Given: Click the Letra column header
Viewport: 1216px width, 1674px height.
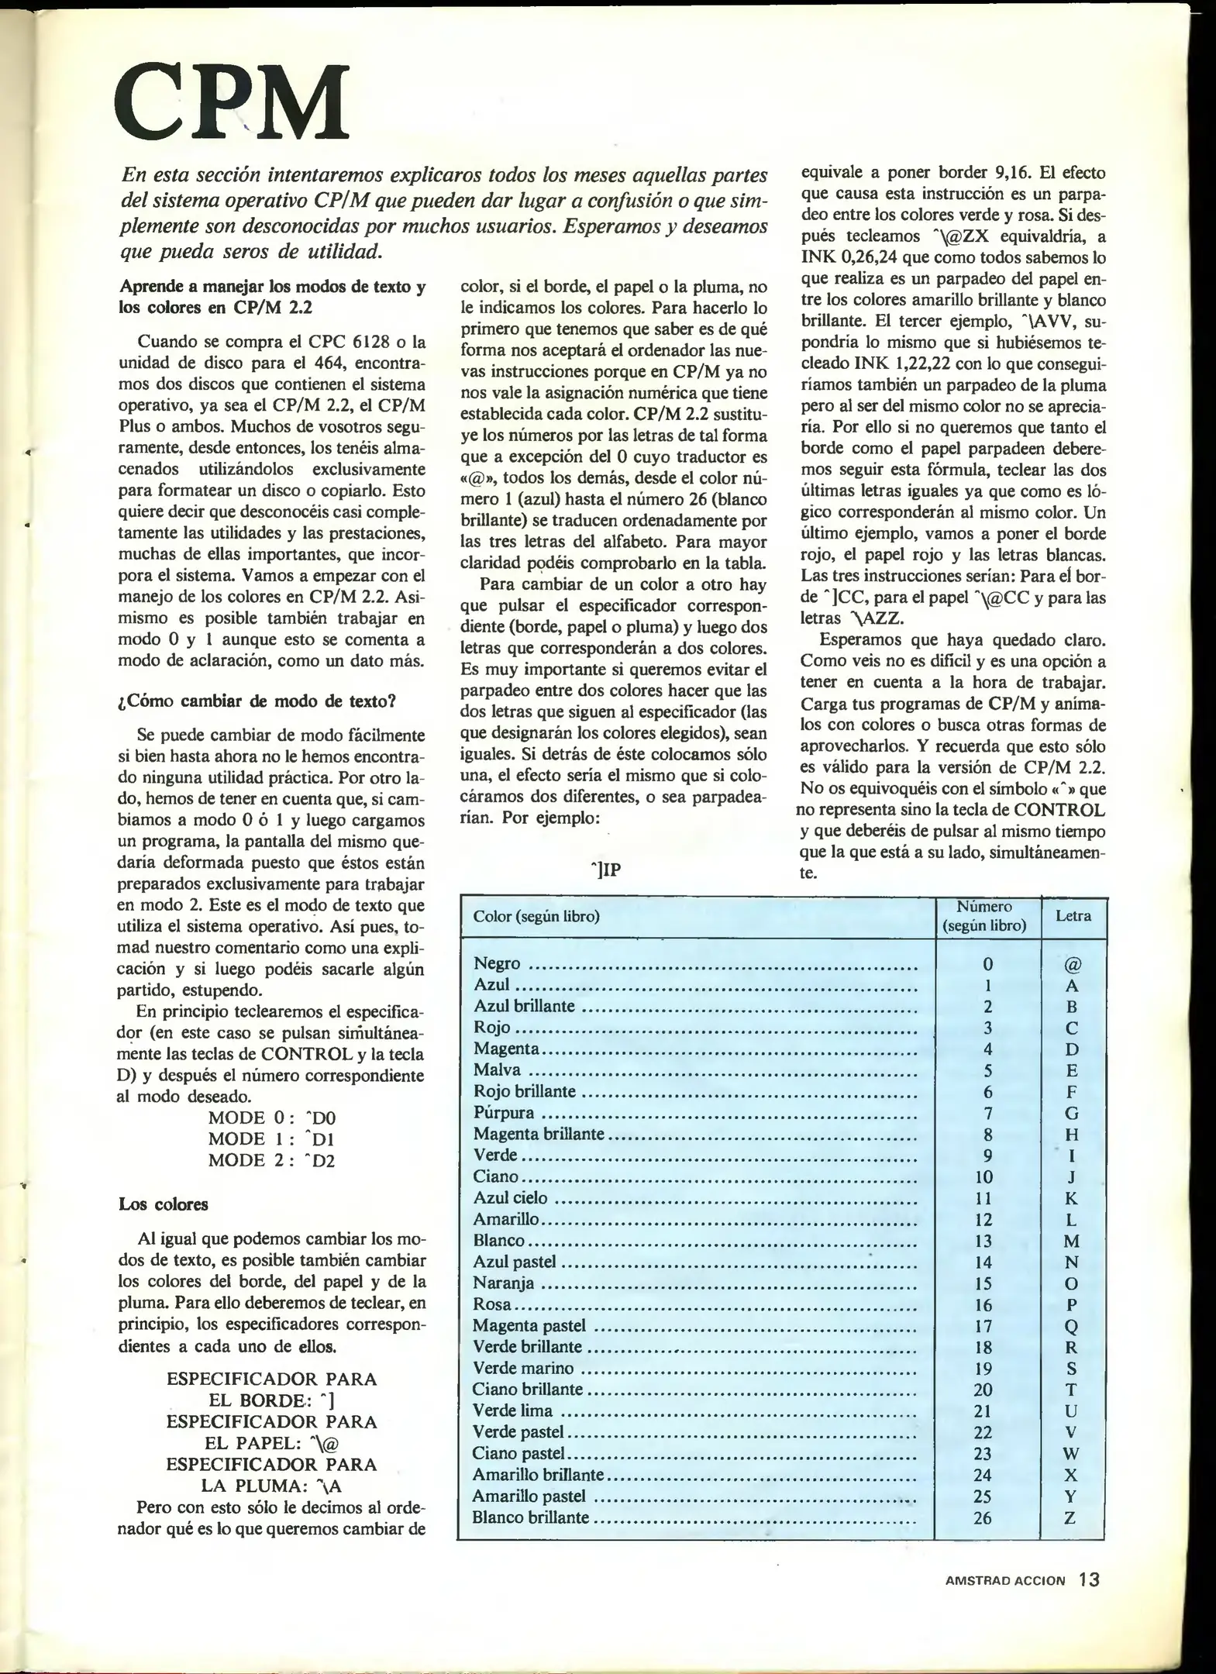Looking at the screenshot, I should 1073,915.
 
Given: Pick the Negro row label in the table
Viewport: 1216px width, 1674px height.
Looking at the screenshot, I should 497,963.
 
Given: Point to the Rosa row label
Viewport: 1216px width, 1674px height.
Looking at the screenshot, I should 492,1304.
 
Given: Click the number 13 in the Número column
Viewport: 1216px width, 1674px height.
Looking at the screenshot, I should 983,1241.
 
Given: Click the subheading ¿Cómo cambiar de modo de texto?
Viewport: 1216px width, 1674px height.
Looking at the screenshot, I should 257,701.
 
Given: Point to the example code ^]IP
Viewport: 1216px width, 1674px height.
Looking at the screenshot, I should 605,870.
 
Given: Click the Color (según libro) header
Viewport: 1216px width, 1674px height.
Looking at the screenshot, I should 536,916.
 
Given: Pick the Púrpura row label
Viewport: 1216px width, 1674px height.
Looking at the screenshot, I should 504,1113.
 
